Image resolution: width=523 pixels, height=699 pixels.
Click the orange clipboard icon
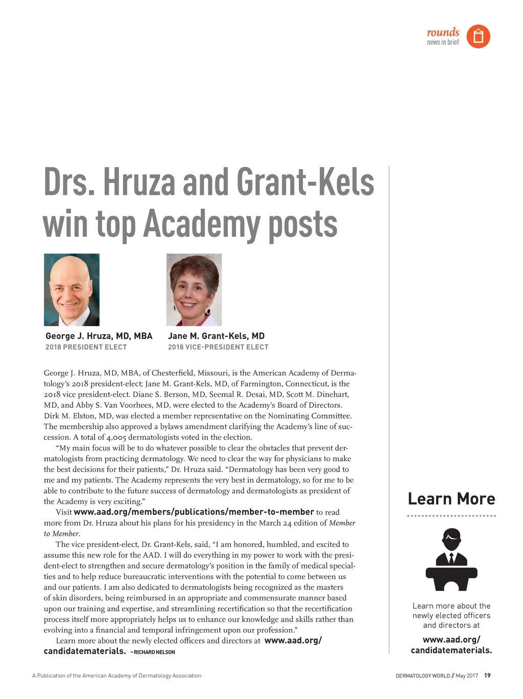pyautogui.click(x=478, y=37)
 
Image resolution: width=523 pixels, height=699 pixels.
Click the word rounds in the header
pyautogui.click(x=443, y=32)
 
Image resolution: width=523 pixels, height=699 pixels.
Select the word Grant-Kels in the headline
pyautogui.click(x=305, y=182)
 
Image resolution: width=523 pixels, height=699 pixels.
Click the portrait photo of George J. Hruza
pyautogui.click(x=72, y=290)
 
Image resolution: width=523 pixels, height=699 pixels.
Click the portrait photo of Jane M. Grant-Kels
pyautogui.click(x=194, y=290)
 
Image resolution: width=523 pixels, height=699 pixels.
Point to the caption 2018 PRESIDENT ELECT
pyautogui.click(x=86, y=347)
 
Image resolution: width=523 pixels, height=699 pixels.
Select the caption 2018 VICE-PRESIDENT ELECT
pyautogui.click(x=218, y=347)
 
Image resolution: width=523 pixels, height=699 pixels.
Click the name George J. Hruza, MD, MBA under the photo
pyautogui.click(x=99, y=336)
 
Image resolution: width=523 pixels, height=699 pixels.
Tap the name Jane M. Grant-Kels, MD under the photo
pyautogui.click(x=216, y=336)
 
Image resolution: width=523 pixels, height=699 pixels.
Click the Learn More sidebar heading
pyautogui.click(x=451, y=499)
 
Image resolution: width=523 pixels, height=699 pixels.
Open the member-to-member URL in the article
pyautogui.click(x=194, y=512)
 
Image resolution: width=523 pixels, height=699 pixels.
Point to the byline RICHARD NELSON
pyautogui.click(x=154, y=652)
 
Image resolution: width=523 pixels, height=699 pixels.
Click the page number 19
pyautogui.click(x=487, y=676)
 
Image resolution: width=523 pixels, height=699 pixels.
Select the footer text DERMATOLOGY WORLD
pyautogui.click(x=422, y=676)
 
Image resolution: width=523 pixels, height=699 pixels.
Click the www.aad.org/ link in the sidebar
pyautogui.click(x=451, y=640)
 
